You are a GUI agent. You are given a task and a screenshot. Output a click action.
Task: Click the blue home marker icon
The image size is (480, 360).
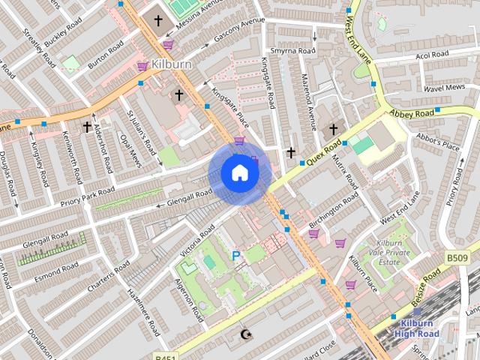pos(239,172)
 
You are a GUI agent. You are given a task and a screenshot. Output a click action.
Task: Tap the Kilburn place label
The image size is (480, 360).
pos(171,64)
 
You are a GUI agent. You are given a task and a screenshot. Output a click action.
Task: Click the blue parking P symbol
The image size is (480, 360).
pos(236,256)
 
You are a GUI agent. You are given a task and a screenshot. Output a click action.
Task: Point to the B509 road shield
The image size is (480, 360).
pos(457,258)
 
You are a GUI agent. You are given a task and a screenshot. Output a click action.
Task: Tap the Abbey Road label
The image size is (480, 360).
pos(411,112)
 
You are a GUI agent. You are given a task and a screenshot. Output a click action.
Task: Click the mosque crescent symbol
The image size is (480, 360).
pos(244,334)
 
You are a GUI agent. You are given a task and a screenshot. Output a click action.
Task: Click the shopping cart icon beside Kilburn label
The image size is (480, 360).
pos(142,66)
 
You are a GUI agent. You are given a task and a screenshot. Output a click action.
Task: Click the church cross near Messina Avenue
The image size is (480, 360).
pos(158,21)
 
